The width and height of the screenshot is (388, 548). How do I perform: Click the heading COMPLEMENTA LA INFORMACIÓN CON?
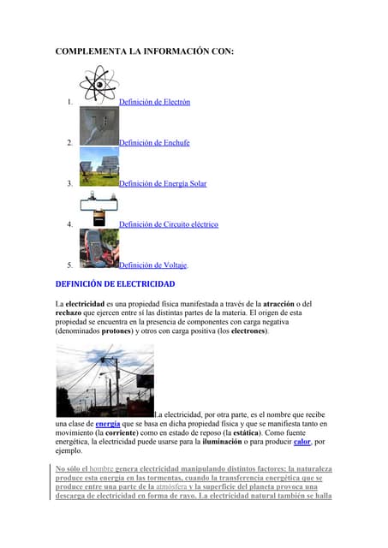pyautogui.click(x=144, y=52)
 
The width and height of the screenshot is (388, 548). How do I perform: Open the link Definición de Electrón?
pyautogui.click(x=154, y=102)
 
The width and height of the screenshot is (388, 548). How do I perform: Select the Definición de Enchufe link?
pyautogui.click(x=154, y=143)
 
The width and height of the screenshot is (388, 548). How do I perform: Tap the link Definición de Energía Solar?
pyautogui.click(x=163, y=183)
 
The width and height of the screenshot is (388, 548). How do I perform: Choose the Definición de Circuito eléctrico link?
pyautogui.click(x=169, y=224)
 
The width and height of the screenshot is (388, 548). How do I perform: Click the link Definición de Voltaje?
pyautogui.click(x=152, y=265)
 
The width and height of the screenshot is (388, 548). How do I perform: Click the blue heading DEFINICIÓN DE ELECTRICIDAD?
pyautogui.click(x=115, y=283)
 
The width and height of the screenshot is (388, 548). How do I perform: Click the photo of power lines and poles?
pyautogui.click(x=104, y=380)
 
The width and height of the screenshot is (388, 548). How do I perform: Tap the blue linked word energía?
pyautogui.click(x=108, y=423)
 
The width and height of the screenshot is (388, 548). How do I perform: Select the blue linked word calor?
pyautogui.click(x=301, y=442)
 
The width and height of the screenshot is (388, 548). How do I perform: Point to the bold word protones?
pyautogui.click(x=116, y=331)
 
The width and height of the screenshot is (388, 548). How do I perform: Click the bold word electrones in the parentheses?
pyautogui.click(x=246, y=331)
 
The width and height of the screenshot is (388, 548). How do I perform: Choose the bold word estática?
pyautogui.click(x=236, y=432)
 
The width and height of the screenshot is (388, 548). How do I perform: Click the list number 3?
pyautogui.click(x=69, y=183)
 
